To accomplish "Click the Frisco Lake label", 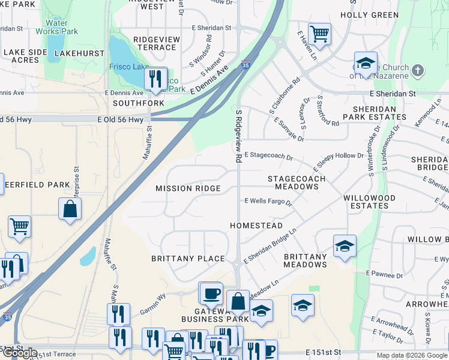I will (x=128, y=68).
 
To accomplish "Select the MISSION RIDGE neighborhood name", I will (x=188, y=188).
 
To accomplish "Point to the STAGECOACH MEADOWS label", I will (x=297, y=183).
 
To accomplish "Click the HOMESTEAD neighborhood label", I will (x=256, y=226).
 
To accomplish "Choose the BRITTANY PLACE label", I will (x=188, y=259).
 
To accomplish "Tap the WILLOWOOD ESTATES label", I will (x=369, y=202).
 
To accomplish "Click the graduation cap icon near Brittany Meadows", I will (x=345, y=245).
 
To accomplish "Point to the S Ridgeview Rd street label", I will (x=238, y=137).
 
